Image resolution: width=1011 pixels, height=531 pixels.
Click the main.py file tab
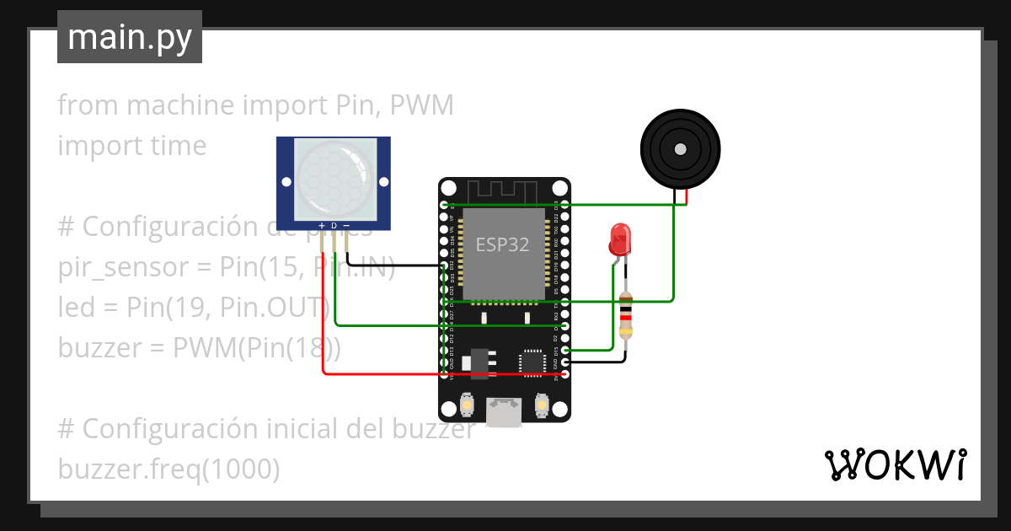point(129,37)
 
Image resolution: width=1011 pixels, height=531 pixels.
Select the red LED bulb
point(621,239)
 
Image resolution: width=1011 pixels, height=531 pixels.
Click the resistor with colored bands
point(625,317)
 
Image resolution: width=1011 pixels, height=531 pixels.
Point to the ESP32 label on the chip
point(503,245)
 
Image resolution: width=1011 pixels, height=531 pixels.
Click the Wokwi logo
point(894,465)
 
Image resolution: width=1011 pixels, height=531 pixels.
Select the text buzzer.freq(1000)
point(168,469)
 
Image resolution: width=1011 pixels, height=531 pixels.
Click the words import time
point(132,146)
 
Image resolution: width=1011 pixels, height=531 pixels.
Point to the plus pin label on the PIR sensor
point(322,225)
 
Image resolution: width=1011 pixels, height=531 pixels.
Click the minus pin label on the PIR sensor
point(345,225)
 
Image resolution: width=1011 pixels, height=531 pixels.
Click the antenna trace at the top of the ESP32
point(503,191)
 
